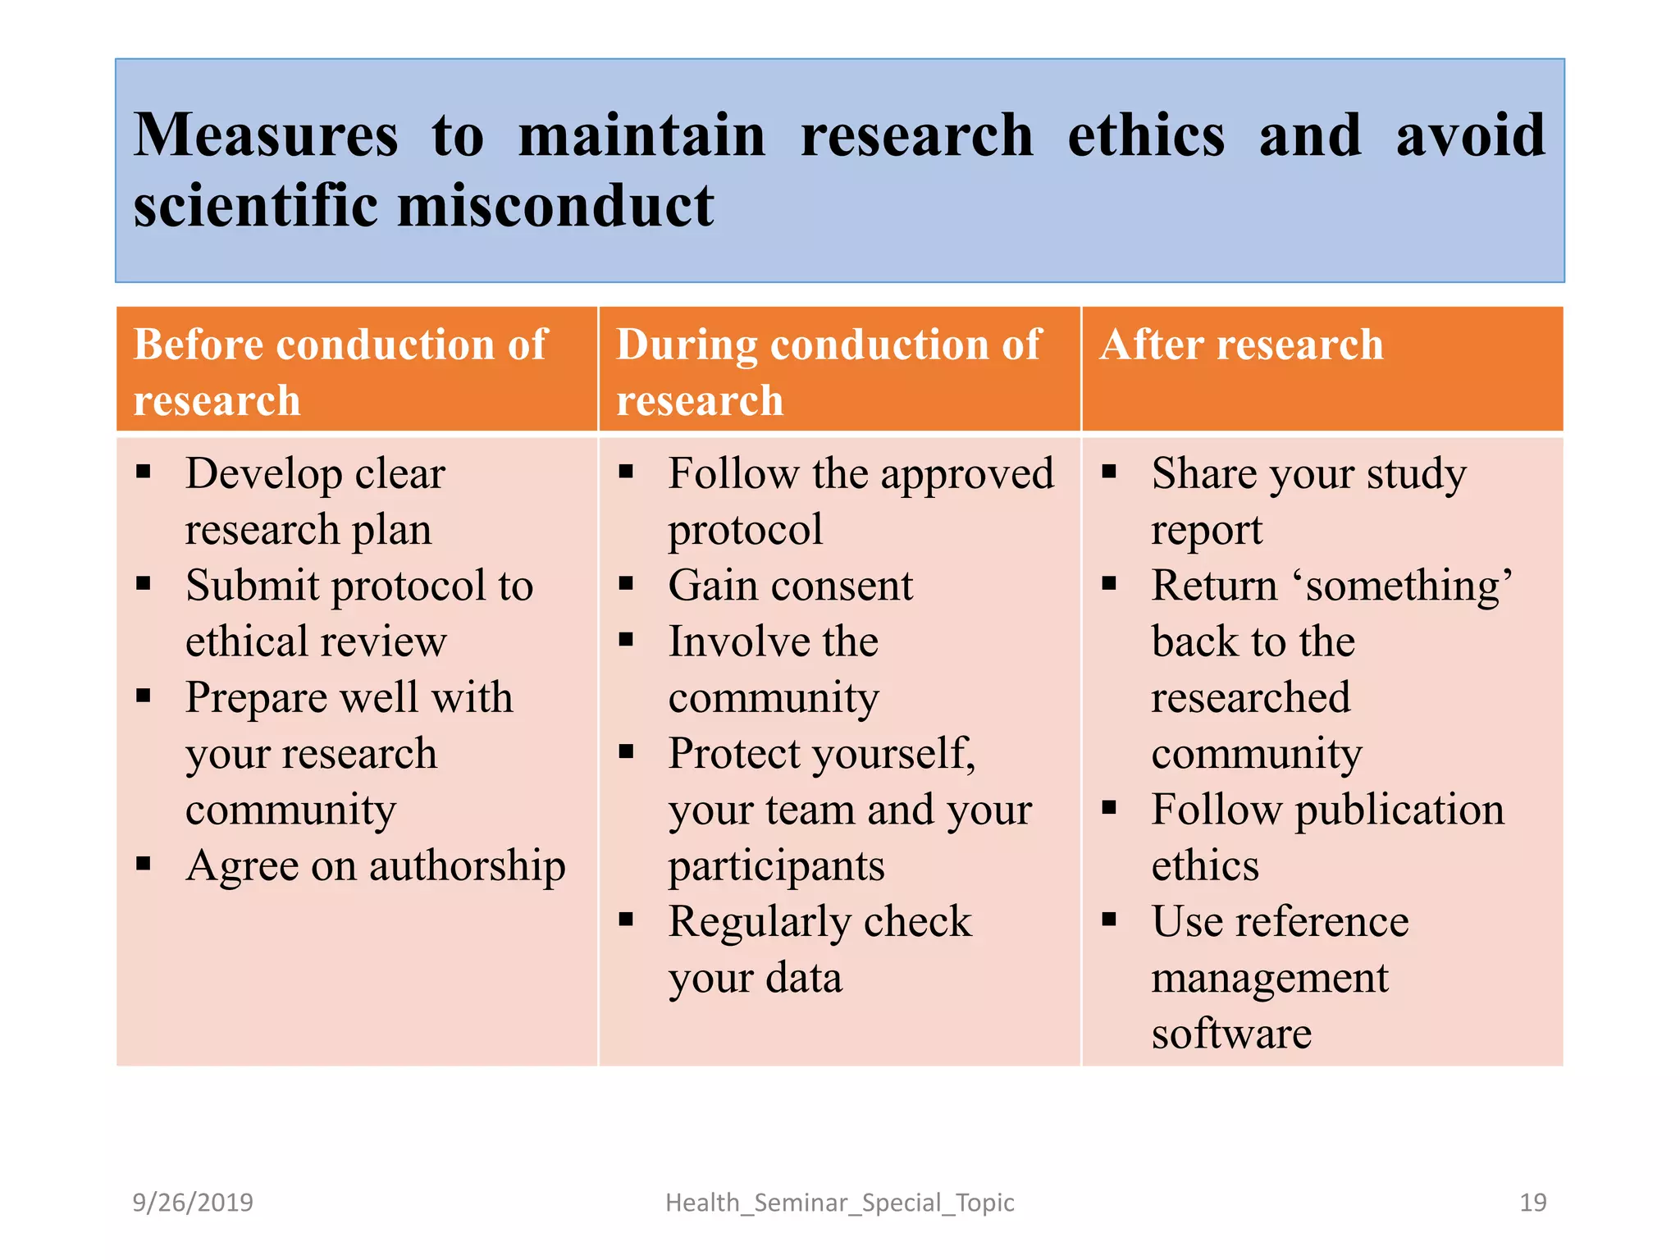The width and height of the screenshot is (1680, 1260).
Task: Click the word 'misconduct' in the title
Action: tap(555, 205)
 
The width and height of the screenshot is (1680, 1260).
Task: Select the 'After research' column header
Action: tap(1241, 345)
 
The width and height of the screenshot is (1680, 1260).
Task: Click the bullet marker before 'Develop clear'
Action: tap(144, 472)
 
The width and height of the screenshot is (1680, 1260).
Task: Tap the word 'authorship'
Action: tap(468, 866)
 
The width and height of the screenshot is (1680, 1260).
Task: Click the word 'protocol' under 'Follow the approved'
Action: tap(745, 530)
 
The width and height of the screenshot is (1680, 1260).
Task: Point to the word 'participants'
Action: tap(776, 866)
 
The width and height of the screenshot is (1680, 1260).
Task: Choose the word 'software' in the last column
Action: tap(1231, 1034)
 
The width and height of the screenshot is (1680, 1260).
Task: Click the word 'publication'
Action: tap(1399, 810)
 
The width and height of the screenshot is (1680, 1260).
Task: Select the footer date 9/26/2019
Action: tap(193, 1203)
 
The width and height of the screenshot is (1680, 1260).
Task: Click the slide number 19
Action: tap(1532, 1203)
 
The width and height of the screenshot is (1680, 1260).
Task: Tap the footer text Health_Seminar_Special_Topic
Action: tap(839, 1203)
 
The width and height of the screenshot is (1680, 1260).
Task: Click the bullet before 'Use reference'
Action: tap(1110, 920)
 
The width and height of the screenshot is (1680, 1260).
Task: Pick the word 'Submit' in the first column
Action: tap(253, 587)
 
